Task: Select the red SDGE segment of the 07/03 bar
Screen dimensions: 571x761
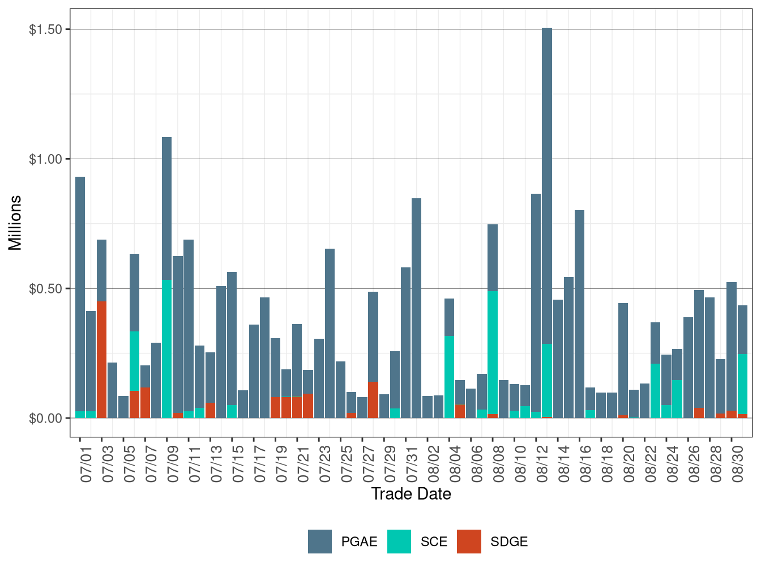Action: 102,360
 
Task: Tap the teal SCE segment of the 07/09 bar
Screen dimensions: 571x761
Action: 167,349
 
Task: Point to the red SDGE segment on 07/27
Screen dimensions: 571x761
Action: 373,400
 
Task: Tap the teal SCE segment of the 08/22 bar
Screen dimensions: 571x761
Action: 655,391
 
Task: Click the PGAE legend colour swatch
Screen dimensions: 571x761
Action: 320,542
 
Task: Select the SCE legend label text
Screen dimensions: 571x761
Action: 434,542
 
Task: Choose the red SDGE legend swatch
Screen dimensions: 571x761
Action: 469,542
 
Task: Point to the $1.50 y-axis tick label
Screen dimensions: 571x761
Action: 45,29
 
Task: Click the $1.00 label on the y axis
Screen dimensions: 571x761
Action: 45,159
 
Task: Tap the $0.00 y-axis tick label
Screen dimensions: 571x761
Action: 45,419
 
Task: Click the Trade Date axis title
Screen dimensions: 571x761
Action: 411,494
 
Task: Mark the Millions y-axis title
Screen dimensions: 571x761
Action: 15,223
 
